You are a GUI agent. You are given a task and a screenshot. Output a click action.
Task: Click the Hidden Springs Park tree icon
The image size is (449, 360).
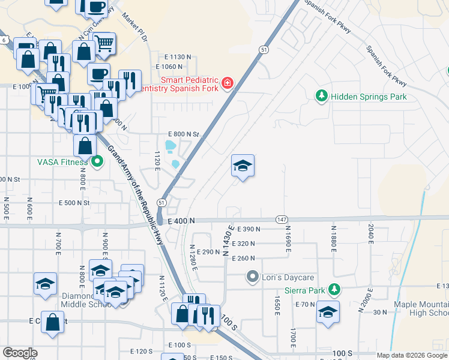click(322, 96)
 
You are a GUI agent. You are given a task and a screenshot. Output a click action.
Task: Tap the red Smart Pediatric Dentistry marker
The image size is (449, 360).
click(228, 83)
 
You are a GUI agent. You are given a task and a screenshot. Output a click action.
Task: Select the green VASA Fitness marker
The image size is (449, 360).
click(97, 161)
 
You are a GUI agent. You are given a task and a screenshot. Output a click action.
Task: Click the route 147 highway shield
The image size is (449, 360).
click(280, 220)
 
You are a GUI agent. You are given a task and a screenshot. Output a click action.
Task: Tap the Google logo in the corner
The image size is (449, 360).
click(19, 353)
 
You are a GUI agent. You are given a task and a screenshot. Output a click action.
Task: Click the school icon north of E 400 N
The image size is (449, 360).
click(243, 166)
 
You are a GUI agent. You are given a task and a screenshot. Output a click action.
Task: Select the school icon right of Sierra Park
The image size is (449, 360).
click(328, 312)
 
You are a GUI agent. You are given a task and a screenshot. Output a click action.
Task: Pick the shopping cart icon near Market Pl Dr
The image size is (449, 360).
click(104, 43)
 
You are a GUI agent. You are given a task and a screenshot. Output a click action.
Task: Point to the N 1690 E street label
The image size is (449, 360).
click(288, 236)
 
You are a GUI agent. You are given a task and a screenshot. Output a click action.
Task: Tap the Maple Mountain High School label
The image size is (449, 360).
click(420, 308)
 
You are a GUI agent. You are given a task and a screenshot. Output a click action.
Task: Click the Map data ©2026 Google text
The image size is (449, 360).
click(411, 355)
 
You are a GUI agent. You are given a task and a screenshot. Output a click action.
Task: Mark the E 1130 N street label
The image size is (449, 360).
click(174, 56)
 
